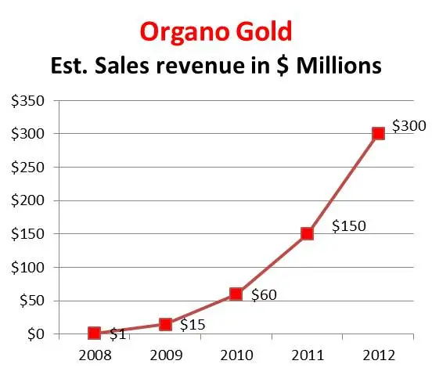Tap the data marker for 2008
(95, 334)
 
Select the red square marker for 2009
(165, 324)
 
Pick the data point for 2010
(236, 294)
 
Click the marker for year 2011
(307, 233)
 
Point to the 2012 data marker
(378, 133)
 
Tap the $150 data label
(348, 225)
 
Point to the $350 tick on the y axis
(26, 100)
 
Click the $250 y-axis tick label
(26, 167)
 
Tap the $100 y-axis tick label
(26, 267)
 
